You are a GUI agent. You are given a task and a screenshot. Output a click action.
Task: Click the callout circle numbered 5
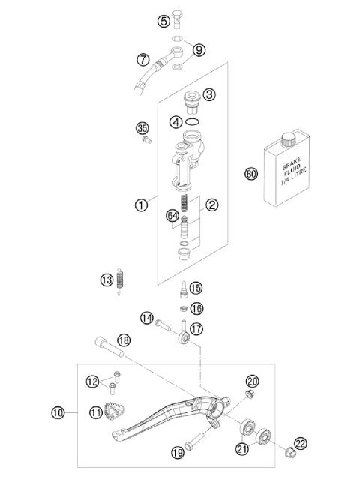click(163, 21)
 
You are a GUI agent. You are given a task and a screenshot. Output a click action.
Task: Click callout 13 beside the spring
click(106, 280)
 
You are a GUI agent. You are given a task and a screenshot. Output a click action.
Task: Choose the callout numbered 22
click(301, 444)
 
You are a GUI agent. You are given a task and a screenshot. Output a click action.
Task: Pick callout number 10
click(58, 412)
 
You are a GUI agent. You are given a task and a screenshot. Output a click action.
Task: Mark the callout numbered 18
click(124, 340)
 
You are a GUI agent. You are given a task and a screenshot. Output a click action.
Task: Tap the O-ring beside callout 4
click(193, 121)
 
